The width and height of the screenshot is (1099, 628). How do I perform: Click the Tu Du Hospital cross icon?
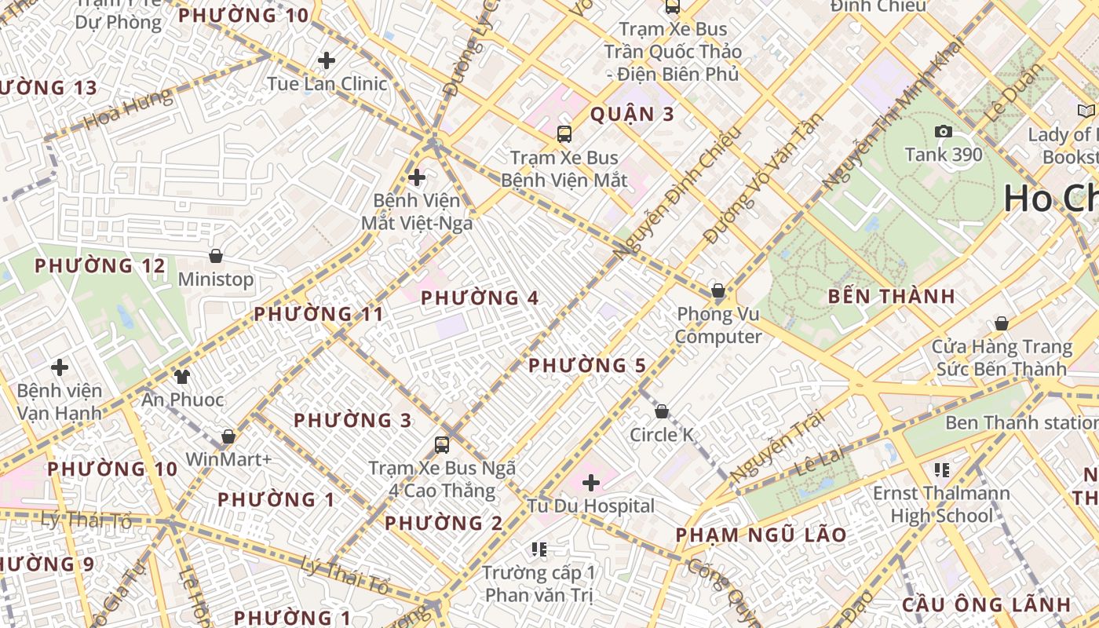(591, 483)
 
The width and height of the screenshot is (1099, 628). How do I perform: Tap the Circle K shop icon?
(662, 411)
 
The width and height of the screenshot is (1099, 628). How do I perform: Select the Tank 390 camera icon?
(944, 131)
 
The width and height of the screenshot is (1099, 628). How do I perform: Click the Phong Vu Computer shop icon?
(717, 290)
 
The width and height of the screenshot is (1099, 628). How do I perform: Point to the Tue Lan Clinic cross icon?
(327, 60)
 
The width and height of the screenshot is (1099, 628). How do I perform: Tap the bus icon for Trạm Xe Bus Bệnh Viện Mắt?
(564, 133)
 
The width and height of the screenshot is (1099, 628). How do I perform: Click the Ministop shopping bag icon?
(216, 256)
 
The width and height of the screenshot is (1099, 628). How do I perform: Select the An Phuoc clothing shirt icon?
(182, 376)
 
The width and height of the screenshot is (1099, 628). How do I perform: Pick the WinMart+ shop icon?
(228, 436)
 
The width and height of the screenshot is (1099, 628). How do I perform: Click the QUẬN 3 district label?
(632, 115)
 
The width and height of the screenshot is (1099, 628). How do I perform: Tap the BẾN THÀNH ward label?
(892, 297)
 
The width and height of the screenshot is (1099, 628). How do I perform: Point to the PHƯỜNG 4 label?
(480, 298)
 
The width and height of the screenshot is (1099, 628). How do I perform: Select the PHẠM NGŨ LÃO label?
(761, 535)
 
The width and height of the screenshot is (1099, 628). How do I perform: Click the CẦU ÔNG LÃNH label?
(986, 604)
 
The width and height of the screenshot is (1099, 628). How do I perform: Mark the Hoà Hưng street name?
(128, 110)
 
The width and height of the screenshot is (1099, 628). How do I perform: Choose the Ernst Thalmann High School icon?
(942, 470)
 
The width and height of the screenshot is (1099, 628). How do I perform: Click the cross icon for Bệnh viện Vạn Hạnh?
(60, 367)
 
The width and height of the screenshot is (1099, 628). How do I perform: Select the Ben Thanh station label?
(1020, 422)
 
